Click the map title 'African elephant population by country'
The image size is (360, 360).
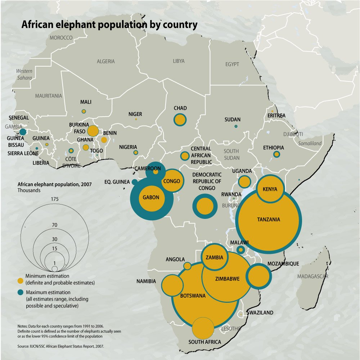click(109, 25)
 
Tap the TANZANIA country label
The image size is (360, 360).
click(269, 219)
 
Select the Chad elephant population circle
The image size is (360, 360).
click(180, 120)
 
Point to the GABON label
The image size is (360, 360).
click(151, 198)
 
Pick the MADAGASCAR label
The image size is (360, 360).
click(312, 276)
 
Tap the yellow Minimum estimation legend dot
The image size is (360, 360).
click(21, 280)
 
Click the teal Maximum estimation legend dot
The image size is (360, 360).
click(21, 292)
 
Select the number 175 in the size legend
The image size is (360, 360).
click(54, 199)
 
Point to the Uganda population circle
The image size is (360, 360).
click(244, 182)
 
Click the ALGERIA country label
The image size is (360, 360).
click(106, 62)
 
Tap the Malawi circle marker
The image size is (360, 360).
click(240, 249)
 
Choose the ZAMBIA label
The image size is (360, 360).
click(215, 257)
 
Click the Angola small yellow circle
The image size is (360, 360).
click(188, 266)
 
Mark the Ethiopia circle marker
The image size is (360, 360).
click(276, 154)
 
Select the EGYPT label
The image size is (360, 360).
click(232, 64)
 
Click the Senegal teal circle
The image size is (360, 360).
click(23, 132)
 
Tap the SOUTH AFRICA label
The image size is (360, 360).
click(205, 342)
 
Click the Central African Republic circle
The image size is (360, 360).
click(185, 156)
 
